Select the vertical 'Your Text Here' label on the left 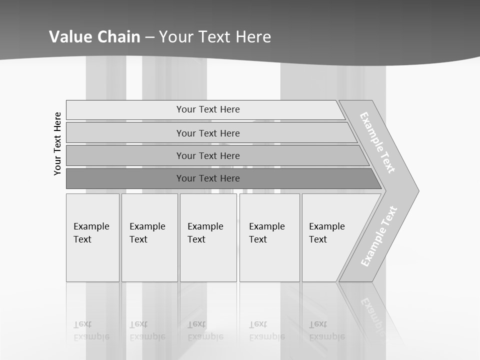click(57, 143)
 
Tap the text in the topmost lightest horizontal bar click(208, 109)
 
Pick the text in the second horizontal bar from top click(208, 133)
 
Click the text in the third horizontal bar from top click(208, 156)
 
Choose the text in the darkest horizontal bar click(208, 178)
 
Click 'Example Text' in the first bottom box click(91, 233)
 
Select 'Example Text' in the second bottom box click(147, 233)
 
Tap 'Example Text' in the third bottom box click(205, 233)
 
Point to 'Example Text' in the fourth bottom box click(266, 233)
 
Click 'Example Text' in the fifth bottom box click(326, 233)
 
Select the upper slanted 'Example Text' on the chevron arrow click(377, 142)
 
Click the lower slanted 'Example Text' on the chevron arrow click(379, 236)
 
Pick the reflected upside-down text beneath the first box click(91, 330)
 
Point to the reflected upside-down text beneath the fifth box click(326, 330)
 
